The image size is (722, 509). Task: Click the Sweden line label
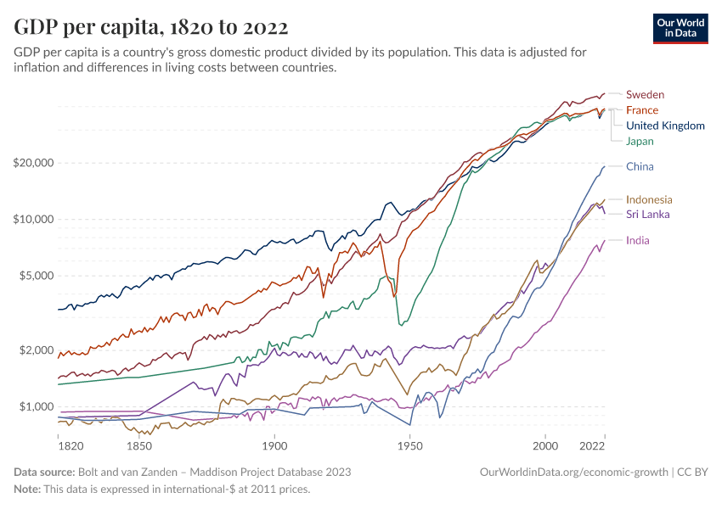pyautogui.click(x=645, y=94)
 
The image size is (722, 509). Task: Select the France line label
pyautogui.click(x=641, y=110)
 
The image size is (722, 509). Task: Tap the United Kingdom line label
pyautogui.click(x=665, y=126)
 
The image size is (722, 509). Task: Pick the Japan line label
pyautogui.click(x=640, y=141)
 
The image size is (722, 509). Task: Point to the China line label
pyautogui.click(x=640, y=166)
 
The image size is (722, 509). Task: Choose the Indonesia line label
pyautogui.click(x=649, y=199)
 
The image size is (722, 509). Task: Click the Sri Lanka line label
pyautogui.click(x=647, y=215)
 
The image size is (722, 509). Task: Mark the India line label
pyautogui.click(x=638, y=241)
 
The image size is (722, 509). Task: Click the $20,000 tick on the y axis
pyautogui.click(x=34, y=163)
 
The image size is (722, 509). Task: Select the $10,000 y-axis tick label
pyautogui.click(x=34, y=219)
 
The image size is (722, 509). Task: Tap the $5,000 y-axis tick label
pyautogui.click(x=37, y=276)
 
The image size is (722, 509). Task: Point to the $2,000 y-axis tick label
pyautogui.click(x=37, y=350)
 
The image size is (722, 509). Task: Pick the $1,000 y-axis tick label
pyautogui.click(x=37, y=407)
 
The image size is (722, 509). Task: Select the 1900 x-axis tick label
pyautogui.click(x=274, y=445)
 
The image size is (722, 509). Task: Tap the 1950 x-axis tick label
pyautogui.click(x=409, y=445)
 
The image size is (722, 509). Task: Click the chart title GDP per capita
pyautogui.click(x=150, y=26)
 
